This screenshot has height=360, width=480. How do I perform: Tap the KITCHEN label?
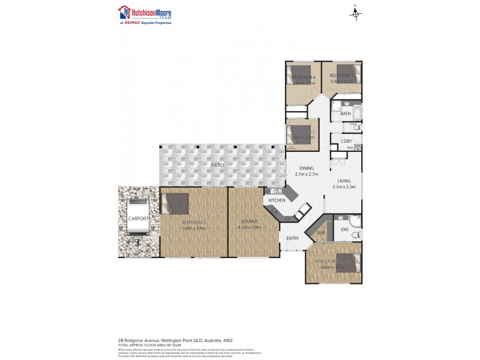pos(276,200)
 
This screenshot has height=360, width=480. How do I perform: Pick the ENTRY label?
pos(292,238)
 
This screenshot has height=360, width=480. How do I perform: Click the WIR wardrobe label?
pos(320,232)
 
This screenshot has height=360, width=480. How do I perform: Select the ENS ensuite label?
pos(344,229)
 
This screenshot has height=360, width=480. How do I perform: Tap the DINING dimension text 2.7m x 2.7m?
pos(307,174)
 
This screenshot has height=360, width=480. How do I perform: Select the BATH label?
pos(346,113)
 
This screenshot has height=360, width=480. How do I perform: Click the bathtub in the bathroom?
pos(356,112)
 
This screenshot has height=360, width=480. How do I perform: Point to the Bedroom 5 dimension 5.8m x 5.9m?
pos(194,228)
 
